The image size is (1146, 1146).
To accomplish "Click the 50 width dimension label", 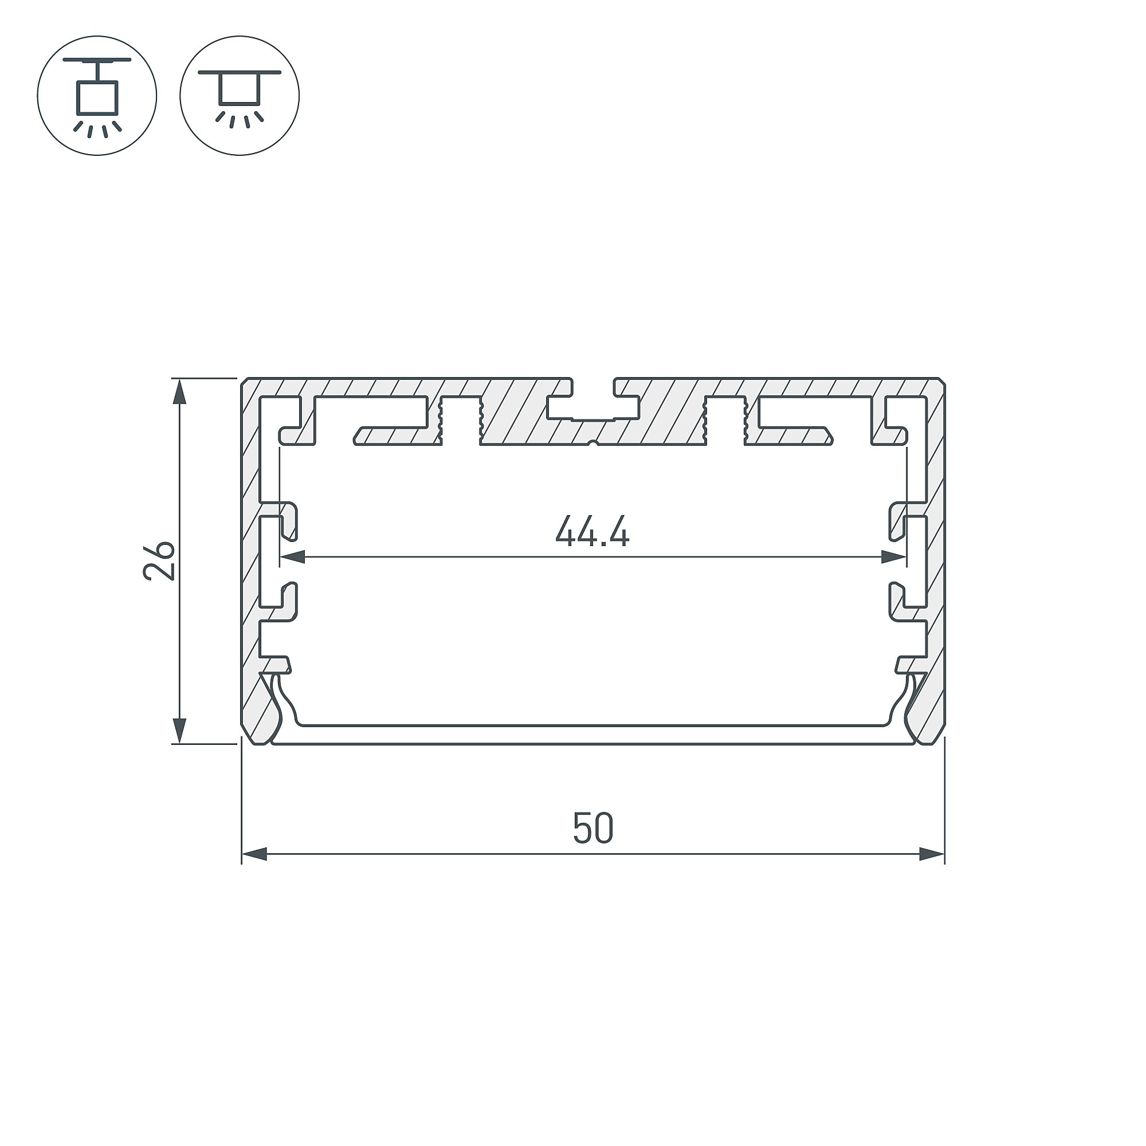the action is [x=592, y=829].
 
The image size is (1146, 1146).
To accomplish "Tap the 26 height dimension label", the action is [x=159, y=560].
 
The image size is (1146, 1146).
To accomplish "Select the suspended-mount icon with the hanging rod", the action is [x=97, y=96].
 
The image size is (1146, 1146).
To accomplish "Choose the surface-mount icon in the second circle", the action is [x=240, y=96].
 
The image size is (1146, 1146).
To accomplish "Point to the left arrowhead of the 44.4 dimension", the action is [x=292, y=557].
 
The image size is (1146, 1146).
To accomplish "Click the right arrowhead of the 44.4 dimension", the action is [x=894, y=557].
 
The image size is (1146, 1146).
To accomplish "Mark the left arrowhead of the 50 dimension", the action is [x=254, y=872].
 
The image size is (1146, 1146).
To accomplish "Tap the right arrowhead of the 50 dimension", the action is [x=931, y=872].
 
